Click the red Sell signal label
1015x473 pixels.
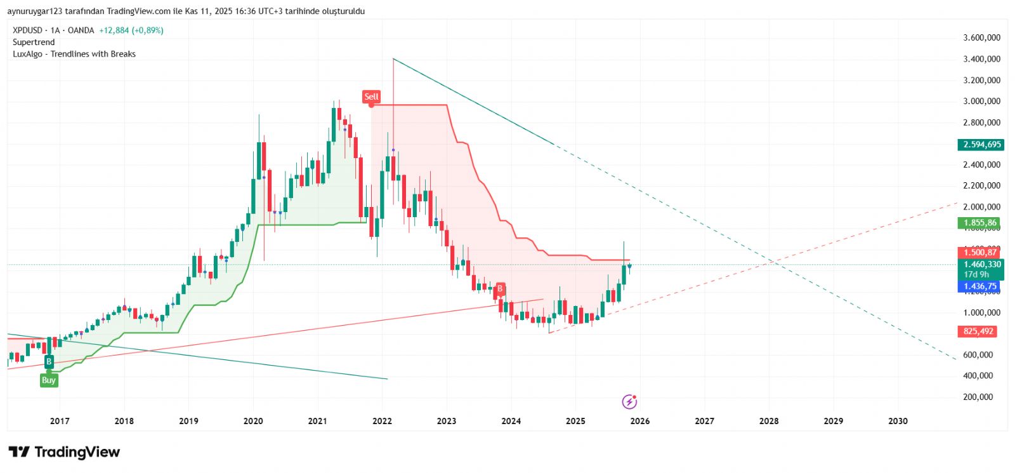371,97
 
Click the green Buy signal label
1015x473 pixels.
49,380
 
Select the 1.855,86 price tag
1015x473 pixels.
979,223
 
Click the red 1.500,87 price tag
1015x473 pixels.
979,253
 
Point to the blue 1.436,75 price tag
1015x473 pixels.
979,286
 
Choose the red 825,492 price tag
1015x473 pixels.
978,331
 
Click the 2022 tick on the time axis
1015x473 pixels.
382,421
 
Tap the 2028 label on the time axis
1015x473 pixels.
769,421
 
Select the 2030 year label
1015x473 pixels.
898,421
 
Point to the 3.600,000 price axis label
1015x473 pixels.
981,38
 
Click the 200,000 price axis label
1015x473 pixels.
978,397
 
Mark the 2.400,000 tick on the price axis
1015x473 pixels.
981,165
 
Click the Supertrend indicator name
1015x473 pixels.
34,43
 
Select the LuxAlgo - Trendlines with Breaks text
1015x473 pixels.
74,54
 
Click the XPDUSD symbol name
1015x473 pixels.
27,30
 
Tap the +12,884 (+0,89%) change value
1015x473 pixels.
131,30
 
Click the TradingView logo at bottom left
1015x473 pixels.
64,452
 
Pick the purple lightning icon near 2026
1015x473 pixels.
629,401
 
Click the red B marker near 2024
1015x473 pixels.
500,290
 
